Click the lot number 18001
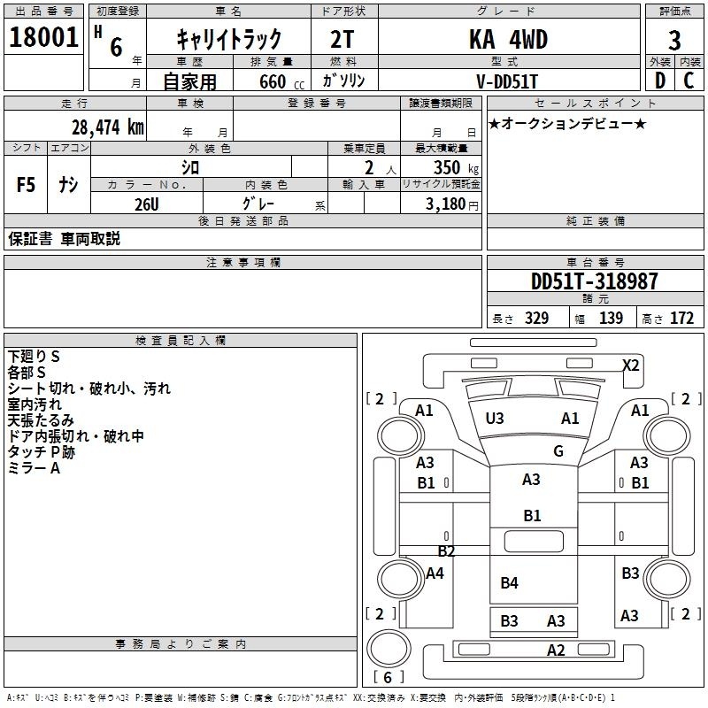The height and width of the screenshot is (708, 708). coord(43,38)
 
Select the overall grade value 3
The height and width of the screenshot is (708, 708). coord(674,40)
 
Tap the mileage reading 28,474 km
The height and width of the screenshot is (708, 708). coord(107,127)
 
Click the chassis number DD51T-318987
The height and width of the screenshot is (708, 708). coord(594,281)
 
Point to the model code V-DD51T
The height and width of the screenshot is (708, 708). coord(507,81)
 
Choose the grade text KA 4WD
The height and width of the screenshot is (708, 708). coord(507,40)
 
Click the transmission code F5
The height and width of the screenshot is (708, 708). coord(27,185)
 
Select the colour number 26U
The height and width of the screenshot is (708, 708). coord(146,204)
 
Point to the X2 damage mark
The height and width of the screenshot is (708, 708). coord(631,365)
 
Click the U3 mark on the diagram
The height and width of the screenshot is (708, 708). coord(495,418)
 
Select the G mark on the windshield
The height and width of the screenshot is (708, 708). coord(558,450)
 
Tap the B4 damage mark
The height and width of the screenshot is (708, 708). coord(509,582)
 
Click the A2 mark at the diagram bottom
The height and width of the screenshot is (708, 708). coord(555,650)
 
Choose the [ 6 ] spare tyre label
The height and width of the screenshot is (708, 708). coord(388,677)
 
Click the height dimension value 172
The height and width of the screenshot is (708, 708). coord(682,319)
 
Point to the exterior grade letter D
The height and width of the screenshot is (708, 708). coord(659,81)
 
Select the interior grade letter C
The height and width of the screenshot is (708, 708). coord(689,81)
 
